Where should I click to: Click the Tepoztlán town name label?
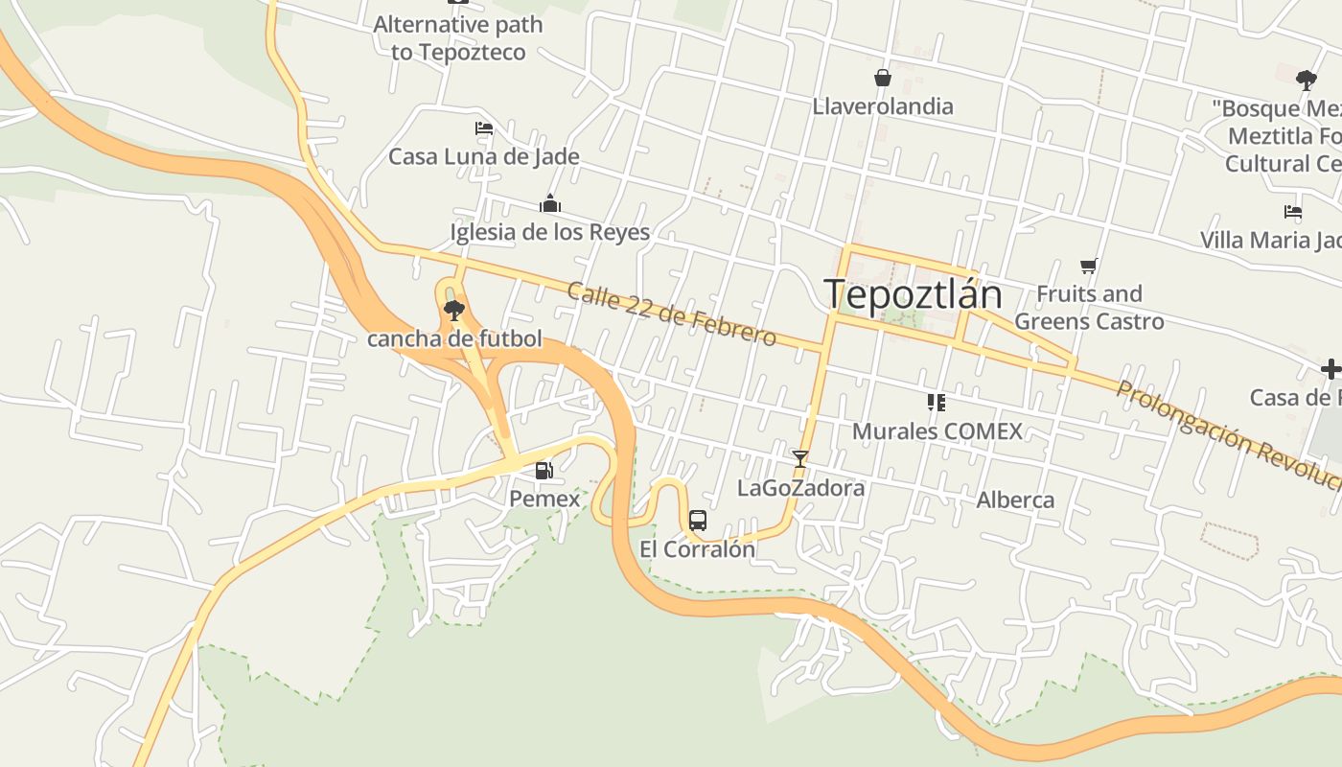click(914, 294)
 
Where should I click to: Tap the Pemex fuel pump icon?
click(544, 470)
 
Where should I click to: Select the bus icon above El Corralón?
click(698, 521)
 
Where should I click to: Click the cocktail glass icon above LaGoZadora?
click(800, 459)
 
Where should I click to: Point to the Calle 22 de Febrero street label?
click(671, 314)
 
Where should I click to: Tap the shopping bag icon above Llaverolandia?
click(882, 78)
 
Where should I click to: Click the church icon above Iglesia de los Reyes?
click(550, 203)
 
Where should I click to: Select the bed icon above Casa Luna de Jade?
click(484, 128)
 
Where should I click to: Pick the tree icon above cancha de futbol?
click(454, 310)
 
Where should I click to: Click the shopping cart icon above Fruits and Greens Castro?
click(1088, 266)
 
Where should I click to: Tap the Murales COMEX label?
click(937, 431)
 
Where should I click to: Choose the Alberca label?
click(1015, 500)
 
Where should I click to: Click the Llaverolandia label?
click(883, 105)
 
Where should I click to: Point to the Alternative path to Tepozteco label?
click(458, 38)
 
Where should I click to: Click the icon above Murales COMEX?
click(937, 403)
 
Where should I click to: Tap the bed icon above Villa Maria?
click(1293, 212)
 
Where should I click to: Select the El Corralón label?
click(698, 549)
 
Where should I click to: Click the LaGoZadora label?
click(800, 488)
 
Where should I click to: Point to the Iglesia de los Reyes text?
click(550, 232)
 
